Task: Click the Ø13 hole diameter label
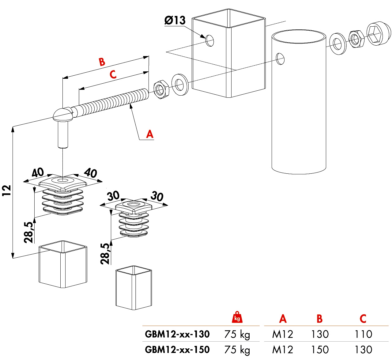[175, 21]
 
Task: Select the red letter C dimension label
[113, 74]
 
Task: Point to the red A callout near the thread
[149, 134]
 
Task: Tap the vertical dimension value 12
[6, 191]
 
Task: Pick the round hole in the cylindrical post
[280, 59]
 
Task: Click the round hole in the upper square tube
[210, 40]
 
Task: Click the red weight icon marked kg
[237, 317]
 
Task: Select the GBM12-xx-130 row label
[177, 334]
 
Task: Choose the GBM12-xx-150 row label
[177, 350]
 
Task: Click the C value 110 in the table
[363, 334]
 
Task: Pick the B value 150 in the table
[320, 350]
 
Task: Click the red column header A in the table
[283, 319]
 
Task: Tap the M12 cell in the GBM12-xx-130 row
[282, 334]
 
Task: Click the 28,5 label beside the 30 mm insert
[105, 254]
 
